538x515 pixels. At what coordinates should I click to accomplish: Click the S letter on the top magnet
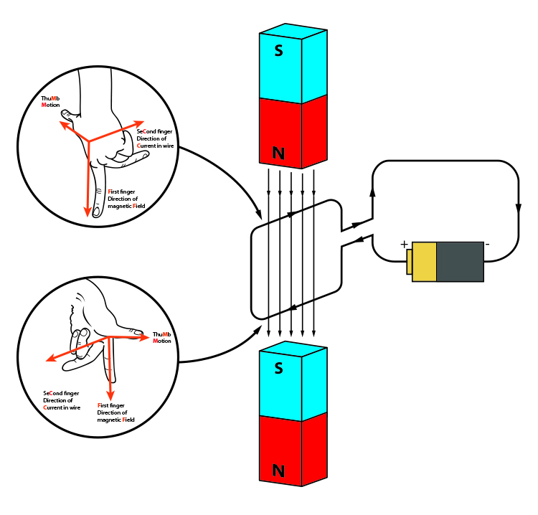point(280,51)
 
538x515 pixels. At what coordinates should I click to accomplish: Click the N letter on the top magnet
point(280,152)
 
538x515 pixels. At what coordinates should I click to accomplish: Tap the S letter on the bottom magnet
point(280,369)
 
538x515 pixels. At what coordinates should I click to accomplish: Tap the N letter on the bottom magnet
point(280,471)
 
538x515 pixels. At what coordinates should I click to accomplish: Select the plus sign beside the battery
point(404,244)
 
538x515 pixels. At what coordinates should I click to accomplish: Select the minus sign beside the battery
point(488,244)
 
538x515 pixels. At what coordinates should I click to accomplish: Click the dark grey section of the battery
point(460,262)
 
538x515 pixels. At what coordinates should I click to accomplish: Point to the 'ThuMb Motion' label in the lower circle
point(162,338)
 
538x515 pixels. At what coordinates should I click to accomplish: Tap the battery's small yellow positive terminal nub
point(409,262)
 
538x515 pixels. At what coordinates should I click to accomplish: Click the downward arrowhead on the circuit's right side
point(518,206)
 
